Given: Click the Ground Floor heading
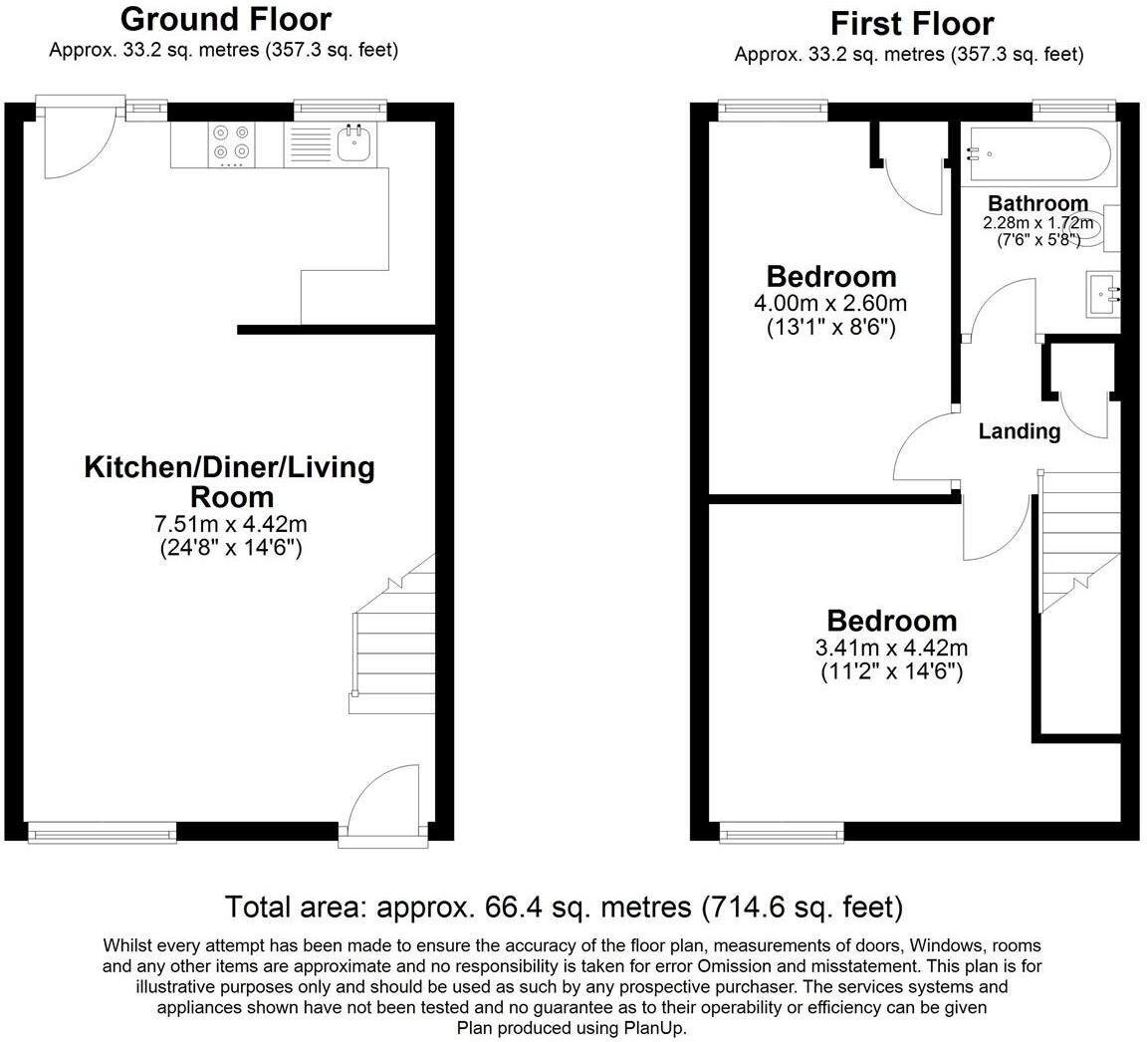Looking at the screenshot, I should point(225,19).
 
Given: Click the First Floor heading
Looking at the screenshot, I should point(912,23).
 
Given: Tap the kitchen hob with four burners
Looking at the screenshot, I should point(230,142).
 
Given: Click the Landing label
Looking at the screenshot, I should point(1019,431).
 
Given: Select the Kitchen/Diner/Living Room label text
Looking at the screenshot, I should point(229,481).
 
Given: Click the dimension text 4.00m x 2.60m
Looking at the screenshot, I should point(831,303).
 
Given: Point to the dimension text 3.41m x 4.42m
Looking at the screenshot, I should point(891,649).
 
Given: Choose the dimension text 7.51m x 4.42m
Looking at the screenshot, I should point(230,524).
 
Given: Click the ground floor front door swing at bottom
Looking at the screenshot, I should point(384,797).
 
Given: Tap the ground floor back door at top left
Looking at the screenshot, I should point(80,139).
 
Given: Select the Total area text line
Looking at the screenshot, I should point(564,908).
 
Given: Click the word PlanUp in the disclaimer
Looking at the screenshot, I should point(655,1028).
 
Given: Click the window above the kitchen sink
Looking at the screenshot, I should point(341,108).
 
